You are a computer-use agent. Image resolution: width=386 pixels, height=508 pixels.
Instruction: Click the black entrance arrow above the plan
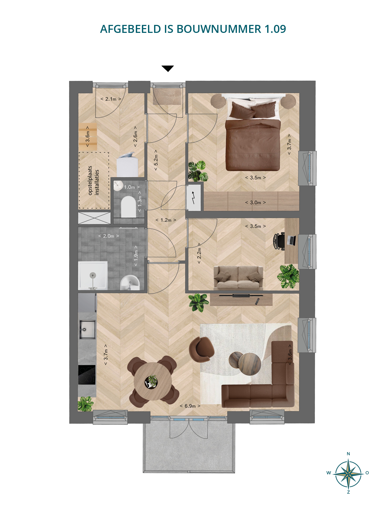(168, 68)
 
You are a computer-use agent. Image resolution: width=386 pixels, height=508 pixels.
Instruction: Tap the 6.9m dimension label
(190, 406)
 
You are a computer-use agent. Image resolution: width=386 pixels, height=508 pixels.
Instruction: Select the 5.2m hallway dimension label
(156, 160)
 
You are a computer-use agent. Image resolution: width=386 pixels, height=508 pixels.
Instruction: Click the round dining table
(152, 381)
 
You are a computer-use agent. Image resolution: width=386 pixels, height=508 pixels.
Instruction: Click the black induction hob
(87, 375)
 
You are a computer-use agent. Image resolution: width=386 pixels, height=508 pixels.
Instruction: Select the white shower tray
(93, 275)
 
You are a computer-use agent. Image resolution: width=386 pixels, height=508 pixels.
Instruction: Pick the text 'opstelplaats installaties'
(93, 181)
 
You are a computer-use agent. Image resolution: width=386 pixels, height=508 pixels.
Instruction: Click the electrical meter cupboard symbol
(194, 198)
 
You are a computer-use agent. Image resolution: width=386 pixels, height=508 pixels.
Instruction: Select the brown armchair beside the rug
(201, 350)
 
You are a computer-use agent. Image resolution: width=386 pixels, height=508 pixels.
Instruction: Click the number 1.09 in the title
(275, 29)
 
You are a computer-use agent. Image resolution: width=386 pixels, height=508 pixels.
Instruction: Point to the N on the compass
(348, 454)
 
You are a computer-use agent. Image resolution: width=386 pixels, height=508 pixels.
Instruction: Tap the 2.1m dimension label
(111, 99)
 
